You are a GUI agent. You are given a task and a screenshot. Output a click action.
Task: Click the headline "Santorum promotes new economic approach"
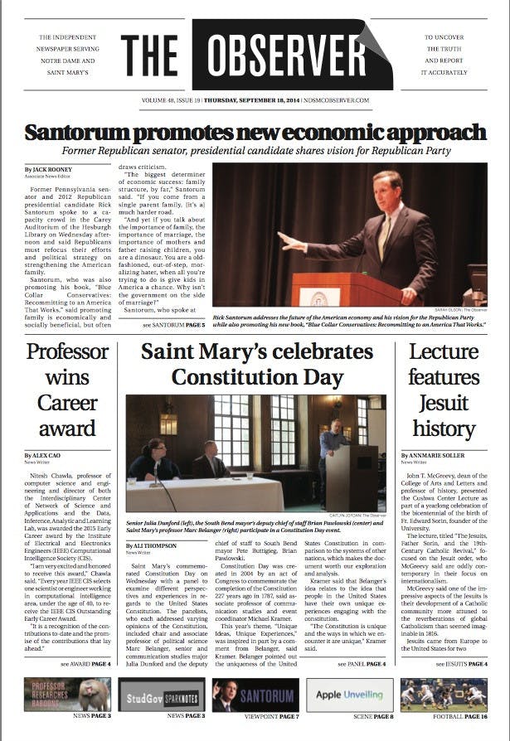[x=255, y=133]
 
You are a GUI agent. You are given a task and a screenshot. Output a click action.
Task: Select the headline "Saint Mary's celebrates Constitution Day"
[x=254, y=365]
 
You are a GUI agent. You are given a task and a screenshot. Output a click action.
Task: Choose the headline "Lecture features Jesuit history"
[x=443, y=390]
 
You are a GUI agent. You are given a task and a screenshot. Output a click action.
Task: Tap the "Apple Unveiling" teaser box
[x=348, y=695]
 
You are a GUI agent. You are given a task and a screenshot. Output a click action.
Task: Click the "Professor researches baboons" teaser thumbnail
[x=66, y=695]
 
